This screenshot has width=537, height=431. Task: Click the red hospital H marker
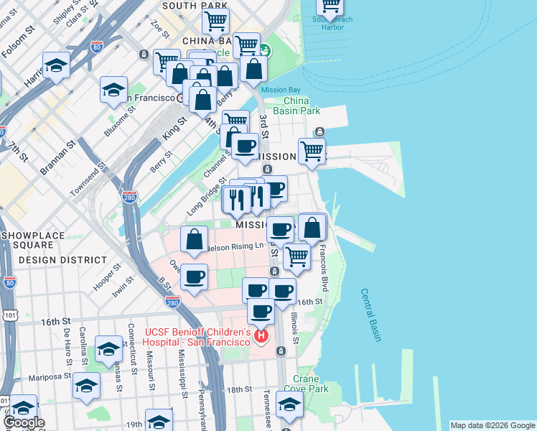click(261, 335)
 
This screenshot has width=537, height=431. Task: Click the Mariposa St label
click(50, 376)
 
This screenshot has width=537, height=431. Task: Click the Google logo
click(24, 422)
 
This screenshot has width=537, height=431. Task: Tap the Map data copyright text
click(492, 425)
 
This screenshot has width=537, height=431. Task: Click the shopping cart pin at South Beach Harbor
click(331, 6)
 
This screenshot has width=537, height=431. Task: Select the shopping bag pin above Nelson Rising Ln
click(194, 240)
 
